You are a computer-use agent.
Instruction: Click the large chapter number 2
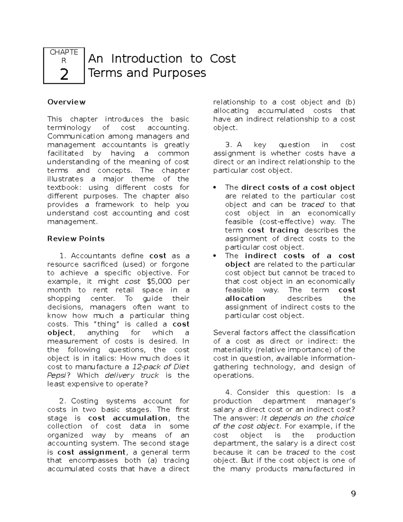click(x=64, y=74)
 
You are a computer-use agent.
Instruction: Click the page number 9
click(x=353, y=494)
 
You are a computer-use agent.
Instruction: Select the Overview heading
click(x=66, y=102)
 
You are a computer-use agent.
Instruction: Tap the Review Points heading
click(x=76, y=239)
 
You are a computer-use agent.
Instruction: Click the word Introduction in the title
click(x=146, y=59)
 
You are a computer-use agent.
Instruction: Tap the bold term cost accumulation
click(x=128, y=418)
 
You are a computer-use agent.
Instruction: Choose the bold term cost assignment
click(x=92, y=452)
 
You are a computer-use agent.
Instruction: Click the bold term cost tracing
click(x=273, y=230)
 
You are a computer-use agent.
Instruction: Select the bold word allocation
click(x=245, y=298)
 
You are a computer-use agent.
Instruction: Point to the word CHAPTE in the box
click(x=64, y=52)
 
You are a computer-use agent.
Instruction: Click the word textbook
click(x=61, y=188)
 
